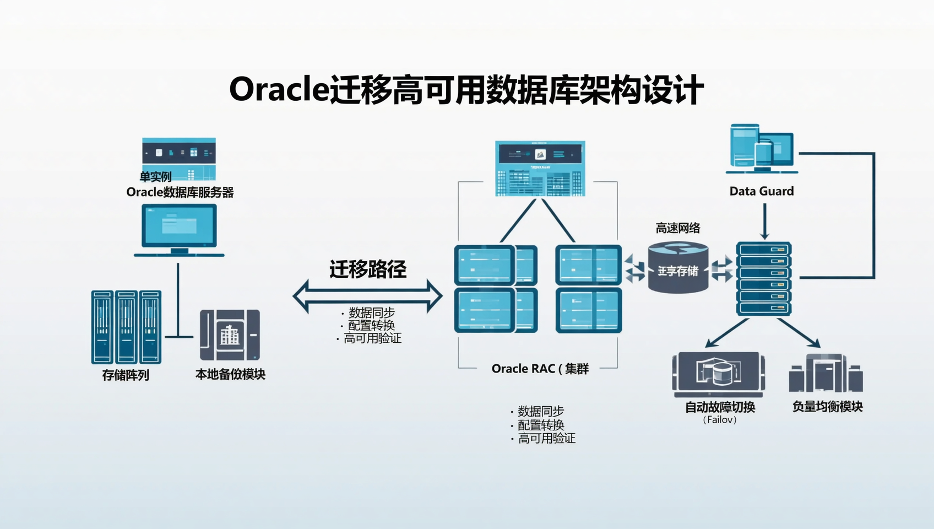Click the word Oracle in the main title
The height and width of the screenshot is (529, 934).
pyautogui.click(x=279, y=89)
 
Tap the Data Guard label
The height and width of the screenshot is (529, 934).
pyautogui.click(x=762, y=191)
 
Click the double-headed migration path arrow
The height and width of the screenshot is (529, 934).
pyautogui.click(x=367, y=296)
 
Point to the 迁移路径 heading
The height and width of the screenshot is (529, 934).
pyautogui.click(x=368, y=269)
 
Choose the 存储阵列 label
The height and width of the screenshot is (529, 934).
pyautogui.click(x=126, y=375)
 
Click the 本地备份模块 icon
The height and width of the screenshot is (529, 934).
pyautogui.click(x=230, y=335)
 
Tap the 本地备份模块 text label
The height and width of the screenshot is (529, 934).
pyautogui.click(x=230, y=375)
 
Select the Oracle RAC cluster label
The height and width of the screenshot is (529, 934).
pyautogui.click(x=540, y=369)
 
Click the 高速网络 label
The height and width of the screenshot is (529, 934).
pyautogui.click(x=678, y=228)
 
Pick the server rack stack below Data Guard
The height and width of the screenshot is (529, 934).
pyautogui.click(x=764, y=278)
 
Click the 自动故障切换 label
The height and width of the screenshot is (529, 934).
pyautogui.click(x=720, y=407)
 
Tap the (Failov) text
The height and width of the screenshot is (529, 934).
pyautogui.click(x=720, y=420)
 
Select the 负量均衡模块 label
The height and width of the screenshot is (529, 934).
pyautogui.click(x=827, y=407)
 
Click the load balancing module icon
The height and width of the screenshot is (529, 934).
pyautogui.click(x=826, y=373)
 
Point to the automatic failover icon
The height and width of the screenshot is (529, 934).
pyautogui.click(x=719, y=374)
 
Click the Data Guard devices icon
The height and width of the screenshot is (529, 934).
pyautogui.click(x=762, y=146)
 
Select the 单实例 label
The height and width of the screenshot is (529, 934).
pyautogui.click(x=155, y=177)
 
